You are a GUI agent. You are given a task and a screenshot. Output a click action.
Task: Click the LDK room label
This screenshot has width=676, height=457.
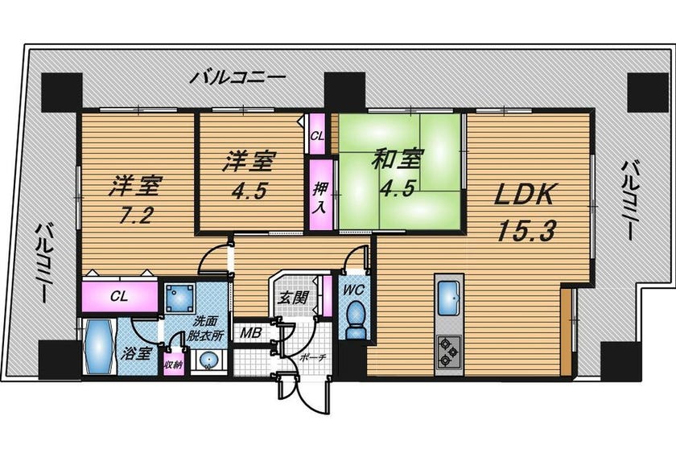pyautogui.click(x=523, y=196)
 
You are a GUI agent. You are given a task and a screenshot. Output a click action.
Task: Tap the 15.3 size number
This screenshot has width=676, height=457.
pyautogui.click(x=525, y=231)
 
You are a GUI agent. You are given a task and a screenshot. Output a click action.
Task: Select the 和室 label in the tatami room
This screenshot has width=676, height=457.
pyautogui.click(x=398, y=159)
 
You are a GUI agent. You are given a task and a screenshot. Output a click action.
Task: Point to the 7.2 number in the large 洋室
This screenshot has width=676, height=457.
pyautogui.click(x=136, y=215)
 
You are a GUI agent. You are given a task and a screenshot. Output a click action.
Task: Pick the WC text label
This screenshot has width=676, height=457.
pyautogui.click(x=354, y=290)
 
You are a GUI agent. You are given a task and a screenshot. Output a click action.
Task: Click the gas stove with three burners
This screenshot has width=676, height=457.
pyautogui.click(x=449, y=352)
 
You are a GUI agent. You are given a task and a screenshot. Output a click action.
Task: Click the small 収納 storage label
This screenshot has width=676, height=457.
pyautogui.click(x=173, y=364)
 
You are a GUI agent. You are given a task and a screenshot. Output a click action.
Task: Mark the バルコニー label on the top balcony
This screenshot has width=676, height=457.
pyautogui.click(x=238, y=78)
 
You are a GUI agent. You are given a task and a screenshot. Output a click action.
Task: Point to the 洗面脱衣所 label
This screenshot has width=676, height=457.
pyautogui.click(x=204, y=328)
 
